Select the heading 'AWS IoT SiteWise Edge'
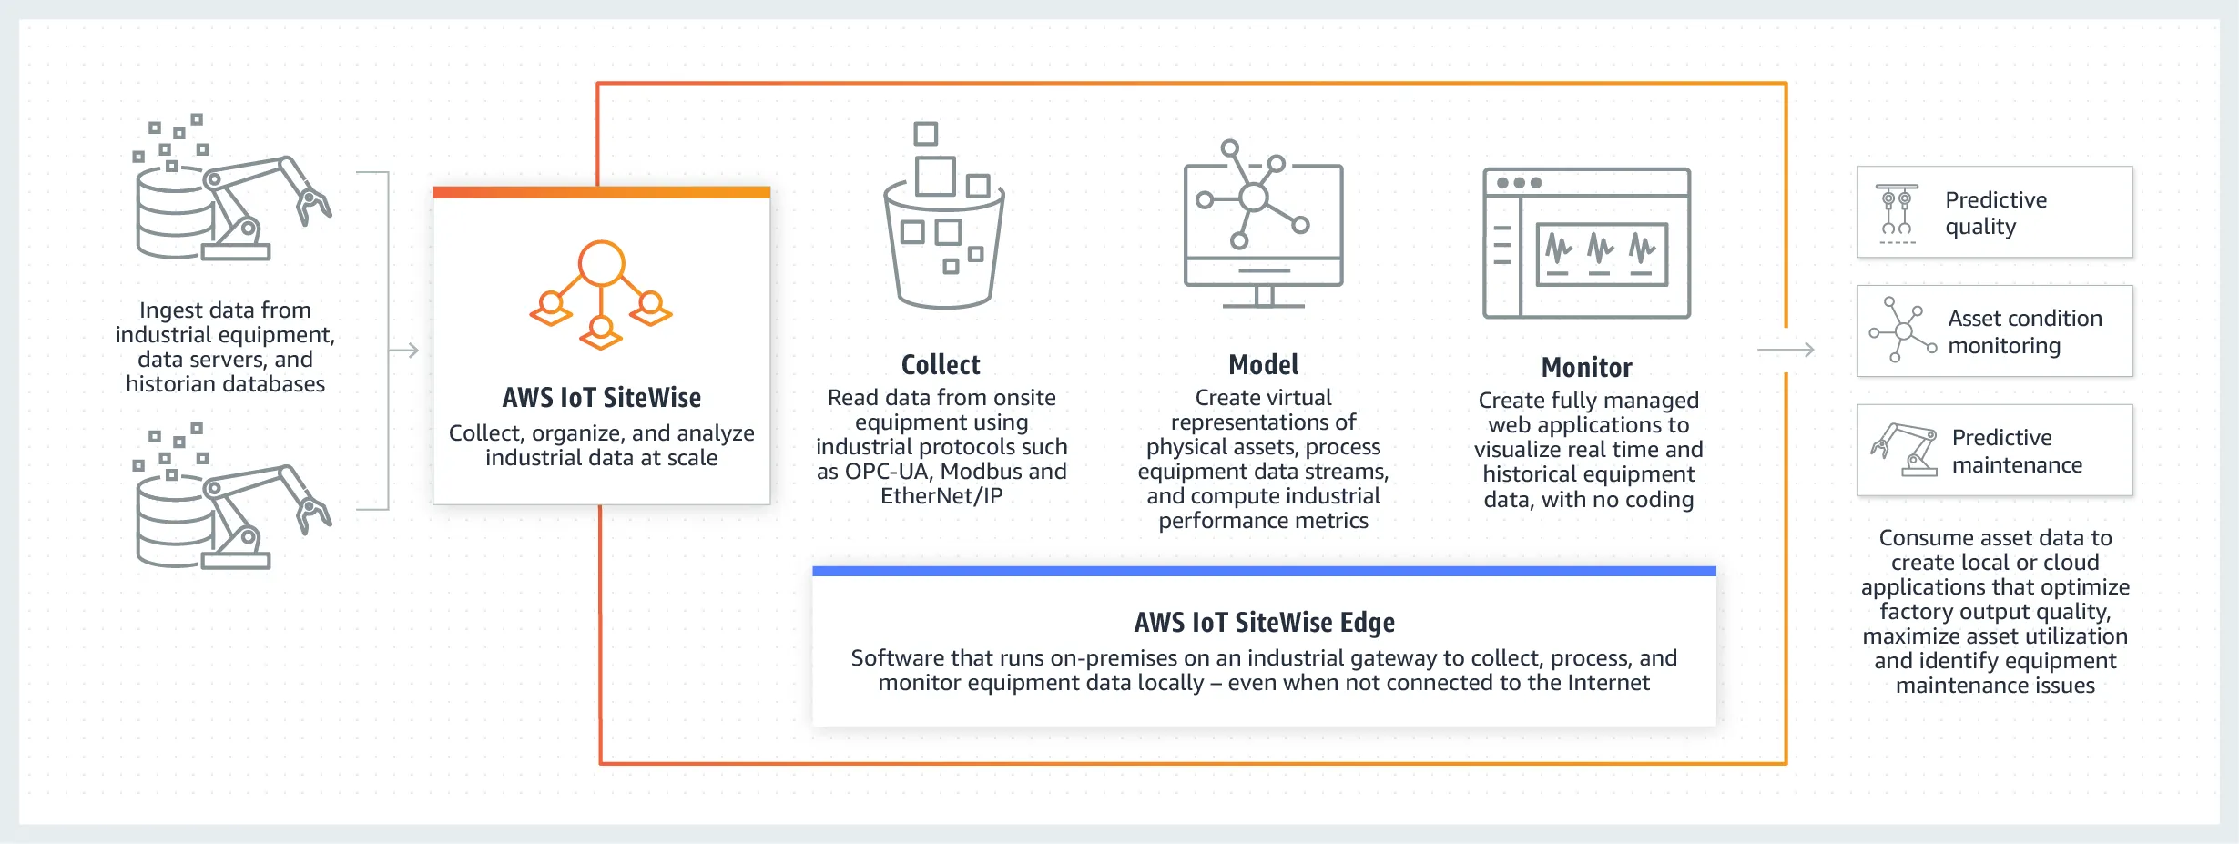(1264, 623)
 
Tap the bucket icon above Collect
(944, 219)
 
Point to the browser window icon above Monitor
(1586, 243)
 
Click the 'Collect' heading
(941, 365)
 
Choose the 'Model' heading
(1263, 365)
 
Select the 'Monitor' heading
(1586, 368)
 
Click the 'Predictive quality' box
(1994, 212)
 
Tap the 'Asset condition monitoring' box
(1994, 331)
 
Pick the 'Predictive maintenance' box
(1994, 451)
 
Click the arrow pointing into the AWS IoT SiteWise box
(404, 351)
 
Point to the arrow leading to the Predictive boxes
(1786, 350)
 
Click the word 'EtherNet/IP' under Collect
(941, 496)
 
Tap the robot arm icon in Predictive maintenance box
(1904, 450)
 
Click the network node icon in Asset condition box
(1902, 330)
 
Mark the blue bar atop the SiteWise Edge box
(1264, 572)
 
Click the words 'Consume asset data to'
(1995, 538)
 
